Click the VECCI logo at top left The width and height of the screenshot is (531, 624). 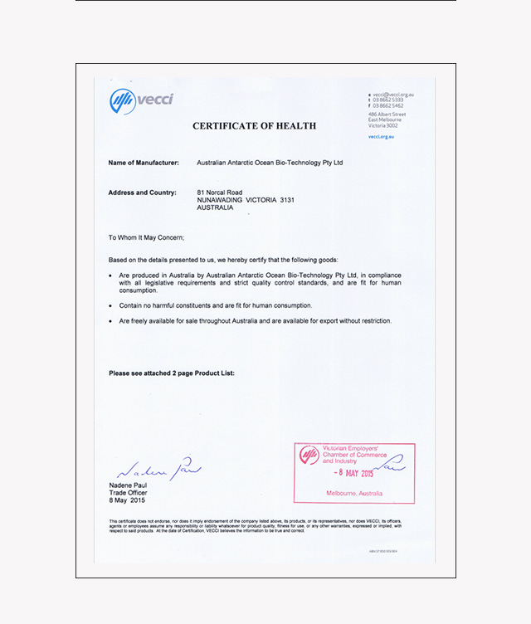pyautogui.click(x=142, y=101)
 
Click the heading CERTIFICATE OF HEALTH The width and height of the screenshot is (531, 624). pyautogui.click(x=254, y=126)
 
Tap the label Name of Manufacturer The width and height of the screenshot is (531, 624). pyautogui.click(x=144, y=163)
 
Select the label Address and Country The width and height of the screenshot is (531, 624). pyautogui.click(x=142, y=193)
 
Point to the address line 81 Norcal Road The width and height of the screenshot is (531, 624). pyautogui.click(x=219, y=193)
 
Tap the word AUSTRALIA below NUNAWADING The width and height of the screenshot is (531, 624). pyautogui.click(x=215, y=207)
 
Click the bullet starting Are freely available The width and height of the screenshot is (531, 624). pyautogui.click(x=255, y=320)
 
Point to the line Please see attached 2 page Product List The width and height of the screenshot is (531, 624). pyautogui.click(x=172, y=373)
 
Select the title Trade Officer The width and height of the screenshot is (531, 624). pyautogui.click(x=127, y=493)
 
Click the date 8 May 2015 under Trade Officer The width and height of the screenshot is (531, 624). pyautogui.click(x=127, y=500)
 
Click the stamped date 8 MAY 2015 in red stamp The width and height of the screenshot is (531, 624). pyautogui.click(x=354, y=473)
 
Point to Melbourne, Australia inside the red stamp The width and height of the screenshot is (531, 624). pyautogui.click(x=354, y=494)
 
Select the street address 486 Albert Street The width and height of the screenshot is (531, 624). pyautogui.click(x=387, y=114)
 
